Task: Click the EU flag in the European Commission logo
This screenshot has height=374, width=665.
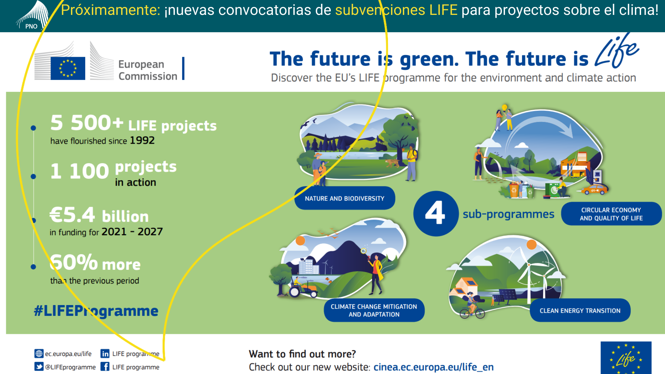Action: [68, 68]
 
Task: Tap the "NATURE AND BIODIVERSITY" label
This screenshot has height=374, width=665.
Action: [345, 198]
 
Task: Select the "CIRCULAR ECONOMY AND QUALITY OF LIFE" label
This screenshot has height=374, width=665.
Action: [611, 214]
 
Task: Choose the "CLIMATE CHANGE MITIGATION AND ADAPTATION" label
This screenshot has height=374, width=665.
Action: [374, 310]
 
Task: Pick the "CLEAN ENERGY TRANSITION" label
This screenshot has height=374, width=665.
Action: [580, 311]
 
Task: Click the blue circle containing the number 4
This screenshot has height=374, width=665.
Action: [436, 214]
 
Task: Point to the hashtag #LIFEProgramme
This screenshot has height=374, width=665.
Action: [96, 311]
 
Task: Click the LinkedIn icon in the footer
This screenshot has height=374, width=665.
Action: [105, 354]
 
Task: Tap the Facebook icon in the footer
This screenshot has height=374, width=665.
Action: [105, 367]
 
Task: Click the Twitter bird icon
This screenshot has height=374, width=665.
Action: [39, 367]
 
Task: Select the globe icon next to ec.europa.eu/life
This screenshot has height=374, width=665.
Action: [39, 354]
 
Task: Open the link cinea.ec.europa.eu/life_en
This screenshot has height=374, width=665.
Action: [434, 367]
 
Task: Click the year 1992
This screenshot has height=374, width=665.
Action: [142, 141]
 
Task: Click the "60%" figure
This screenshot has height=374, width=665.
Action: [74, 262]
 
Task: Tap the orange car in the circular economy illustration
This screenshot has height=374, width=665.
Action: [595, 189]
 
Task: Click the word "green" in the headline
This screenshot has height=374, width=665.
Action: [429, 60]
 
